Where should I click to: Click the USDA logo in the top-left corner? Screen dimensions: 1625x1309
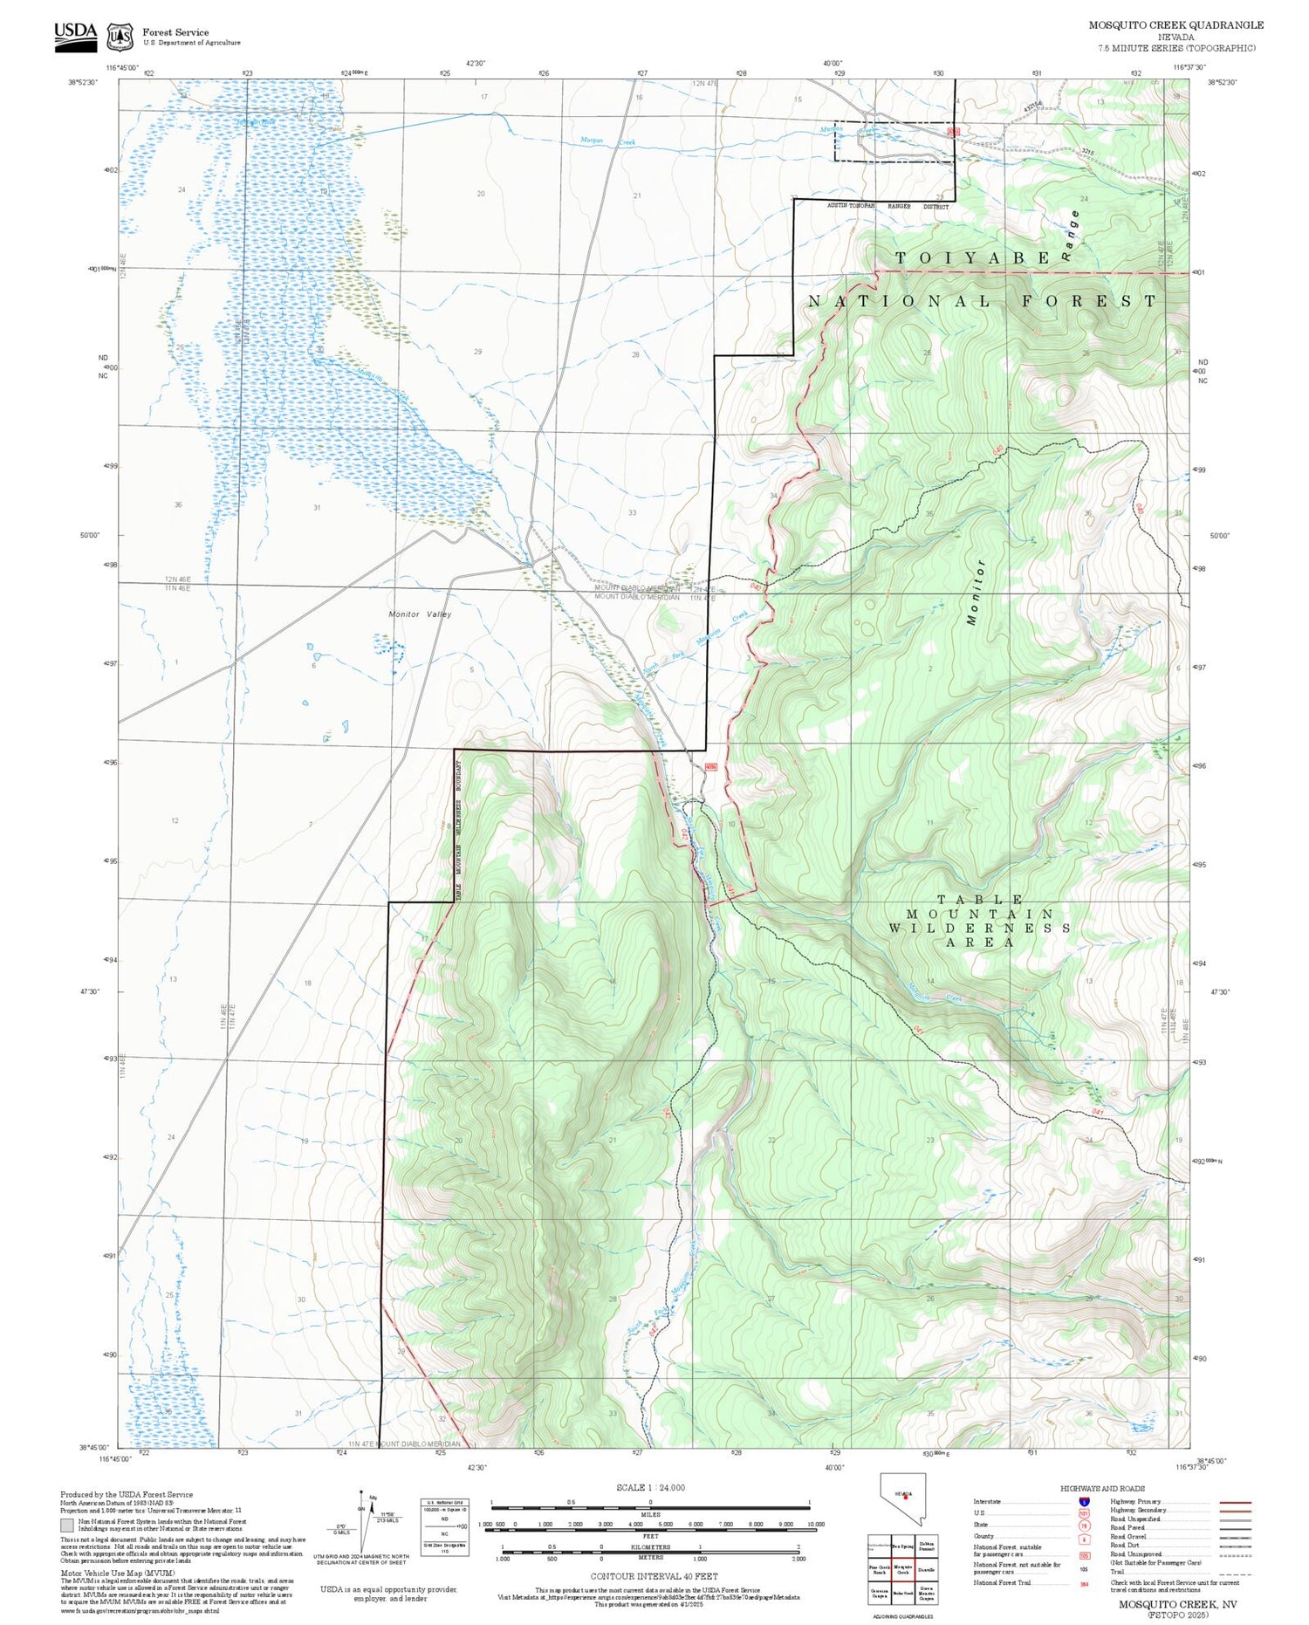click(x=75, y=36)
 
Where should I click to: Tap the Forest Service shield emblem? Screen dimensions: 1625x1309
click(x=120, y=38)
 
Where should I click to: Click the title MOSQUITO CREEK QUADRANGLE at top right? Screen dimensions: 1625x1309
click(x=1175, y=25)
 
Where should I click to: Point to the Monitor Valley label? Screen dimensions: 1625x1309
click(x=420, y=614)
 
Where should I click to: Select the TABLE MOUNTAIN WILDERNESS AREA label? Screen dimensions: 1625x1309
click(x=980, y=921)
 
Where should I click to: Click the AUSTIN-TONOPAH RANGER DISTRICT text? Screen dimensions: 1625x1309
click(x=888, y=207)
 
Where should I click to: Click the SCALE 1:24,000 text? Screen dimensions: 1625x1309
click(x=650, y=1487)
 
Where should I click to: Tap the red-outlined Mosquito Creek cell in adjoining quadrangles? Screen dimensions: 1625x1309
click(x=902, y=1568)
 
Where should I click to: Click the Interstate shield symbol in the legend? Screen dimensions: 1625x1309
click(x=1084, y=1501)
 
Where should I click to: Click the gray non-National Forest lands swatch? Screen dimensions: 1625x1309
click(x=67, y=1525)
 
